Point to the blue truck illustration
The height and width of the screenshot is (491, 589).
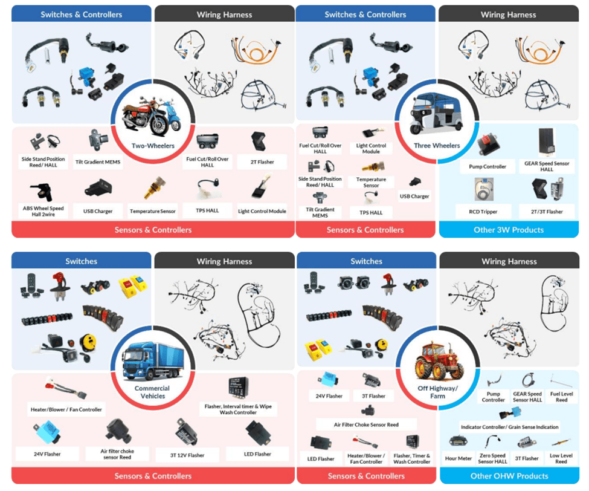pyautogui.click(x=153, y=362)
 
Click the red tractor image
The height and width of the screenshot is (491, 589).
pyautogui.click(x=437, y=362)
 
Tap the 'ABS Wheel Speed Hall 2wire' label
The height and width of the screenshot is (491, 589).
pyautogui.click(x=43, y=211)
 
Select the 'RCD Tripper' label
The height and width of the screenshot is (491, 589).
pyautogui.click(x=483, y=212)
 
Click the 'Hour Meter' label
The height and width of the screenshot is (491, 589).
pyautogui.click(x=459, y=458)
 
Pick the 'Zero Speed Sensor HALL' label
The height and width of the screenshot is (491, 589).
pyautogui.click(x=492, y=458)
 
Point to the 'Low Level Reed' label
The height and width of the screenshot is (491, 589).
pyautogui.click(x=561, y=458)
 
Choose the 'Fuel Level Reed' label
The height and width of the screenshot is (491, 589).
pyautogui.click(x=562, y=397)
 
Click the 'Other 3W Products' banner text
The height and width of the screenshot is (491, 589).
pyautogui.click(x=509, y=230)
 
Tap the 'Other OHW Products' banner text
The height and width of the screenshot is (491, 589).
pyautogui.click(x=509, y=476)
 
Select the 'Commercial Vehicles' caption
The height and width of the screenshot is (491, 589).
pyautogui.click(x=152, y=392)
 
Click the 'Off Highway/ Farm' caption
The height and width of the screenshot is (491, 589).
pyautogui.click(x=437, y=392)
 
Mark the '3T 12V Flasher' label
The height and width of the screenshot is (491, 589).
pyautogui.click(x=187, y=455)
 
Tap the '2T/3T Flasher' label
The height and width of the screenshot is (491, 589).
pyautogui.click(x=547, y=212)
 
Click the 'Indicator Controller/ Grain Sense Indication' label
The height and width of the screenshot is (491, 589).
pyautogui.click(x=510, y=427)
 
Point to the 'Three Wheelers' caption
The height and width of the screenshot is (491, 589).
pyautogui.click(x=437, y=146)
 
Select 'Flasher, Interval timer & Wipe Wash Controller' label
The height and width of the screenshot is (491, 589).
pyautogui.click(x=238, y=409)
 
